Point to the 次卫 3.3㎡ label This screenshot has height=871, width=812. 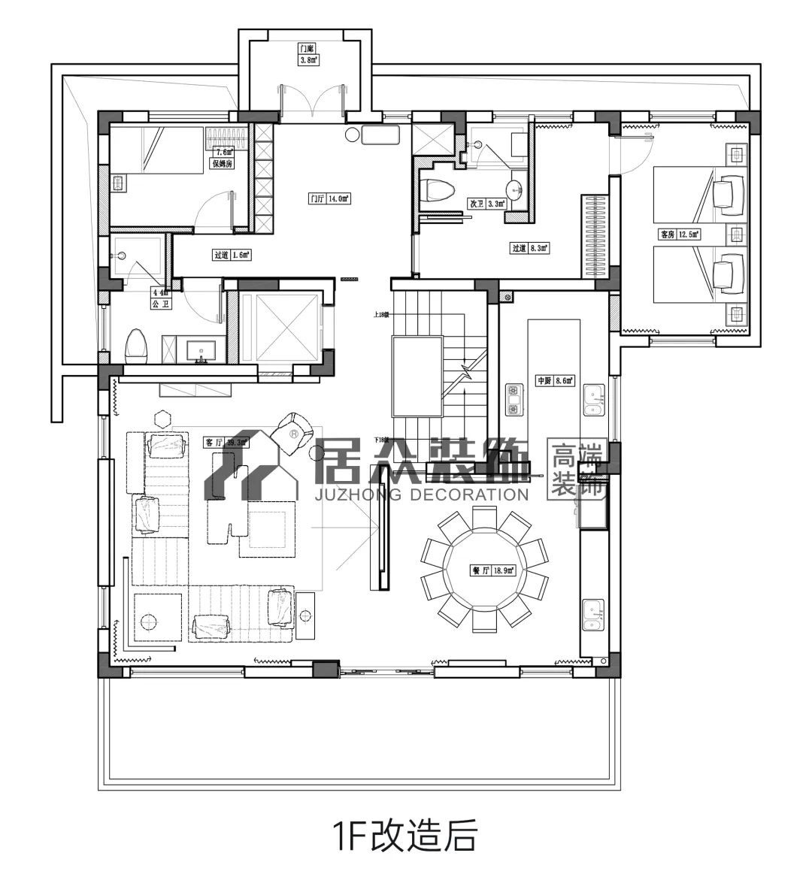(487, 204)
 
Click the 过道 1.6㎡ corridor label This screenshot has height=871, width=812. (231, 255)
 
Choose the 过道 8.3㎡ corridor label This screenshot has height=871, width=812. (530, 247)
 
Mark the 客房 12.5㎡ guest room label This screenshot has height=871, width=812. (680, 234)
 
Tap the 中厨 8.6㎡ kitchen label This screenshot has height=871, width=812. (554, 381)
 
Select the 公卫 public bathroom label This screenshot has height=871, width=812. (161, 304)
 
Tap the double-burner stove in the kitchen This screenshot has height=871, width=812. (514, 400)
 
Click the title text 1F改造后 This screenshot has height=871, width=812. (405, 833)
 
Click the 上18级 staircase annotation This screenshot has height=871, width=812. (380, 314)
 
